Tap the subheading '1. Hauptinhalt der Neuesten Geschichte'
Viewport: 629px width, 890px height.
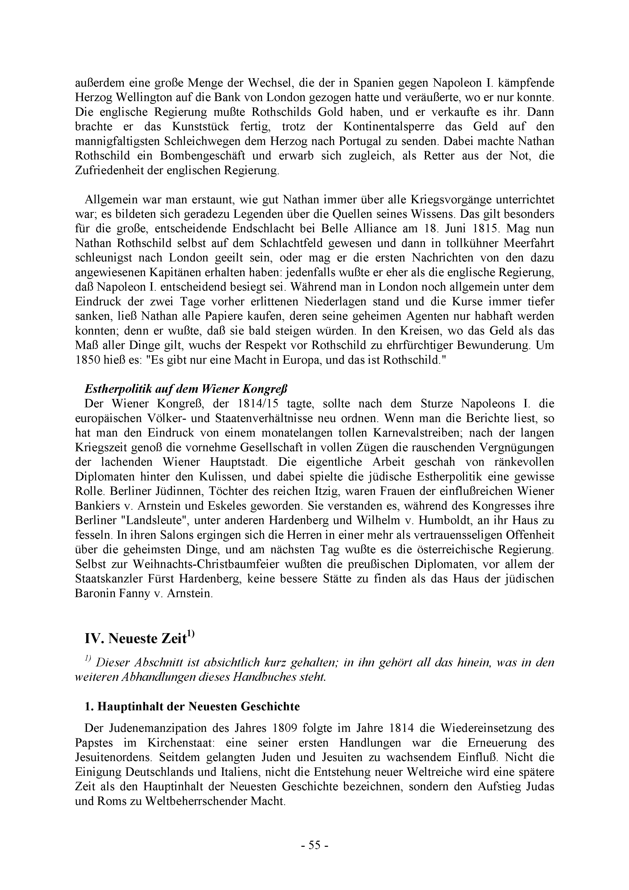tap(192, 706)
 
